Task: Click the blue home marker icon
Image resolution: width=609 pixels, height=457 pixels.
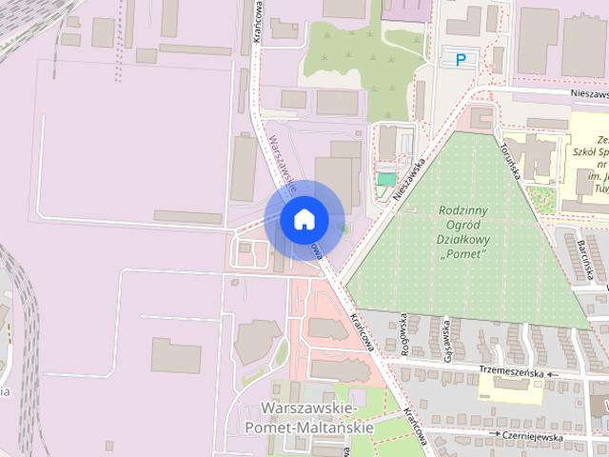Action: pyautogui.click(x=303, y=219)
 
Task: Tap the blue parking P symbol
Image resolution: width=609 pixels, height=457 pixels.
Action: pyautogui.click(x=461, y=59)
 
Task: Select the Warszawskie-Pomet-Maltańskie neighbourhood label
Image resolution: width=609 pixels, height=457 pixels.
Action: pyautogui.click(x=317, y=418)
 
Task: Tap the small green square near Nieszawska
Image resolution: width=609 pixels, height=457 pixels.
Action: pyautogui.click(x=385, y=179)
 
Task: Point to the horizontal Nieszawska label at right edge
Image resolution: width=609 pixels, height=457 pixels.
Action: pyautogui.click(x=590, y=94)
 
